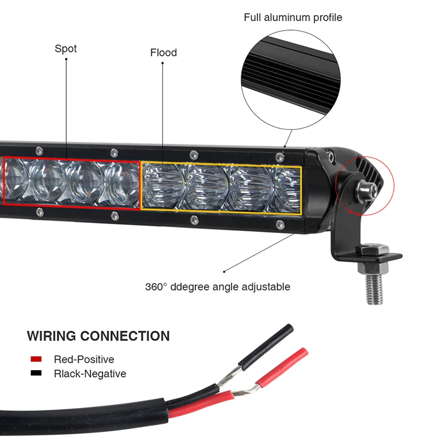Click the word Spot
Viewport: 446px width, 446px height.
(66, 49)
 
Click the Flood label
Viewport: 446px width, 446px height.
(163, 52)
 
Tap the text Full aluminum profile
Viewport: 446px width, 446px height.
(293, 17)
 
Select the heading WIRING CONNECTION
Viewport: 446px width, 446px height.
(99, 336)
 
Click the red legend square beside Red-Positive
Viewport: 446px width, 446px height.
(36, 359)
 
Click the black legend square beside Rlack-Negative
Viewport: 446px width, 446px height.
(36, 373)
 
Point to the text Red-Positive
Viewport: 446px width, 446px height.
(84, 359)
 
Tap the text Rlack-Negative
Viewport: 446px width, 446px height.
(90, 374)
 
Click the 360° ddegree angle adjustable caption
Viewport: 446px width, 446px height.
(217, 287)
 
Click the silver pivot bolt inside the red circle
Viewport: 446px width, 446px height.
(367, 189)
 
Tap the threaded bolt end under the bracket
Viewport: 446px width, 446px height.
(374, 288)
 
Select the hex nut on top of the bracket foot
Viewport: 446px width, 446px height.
(372, 250)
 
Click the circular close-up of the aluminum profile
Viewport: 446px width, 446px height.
(290, 80)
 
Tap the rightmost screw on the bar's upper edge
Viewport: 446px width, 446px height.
(280, 157)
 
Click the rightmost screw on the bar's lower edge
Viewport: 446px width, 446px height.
(280, 225)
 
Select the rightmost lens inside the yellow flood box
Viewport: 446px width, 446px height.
(287, 190)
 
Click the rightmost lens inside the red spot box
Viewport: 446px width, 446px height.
(121, 185)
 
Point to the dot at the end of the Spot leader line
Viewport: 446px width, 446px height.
(66, 59)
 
